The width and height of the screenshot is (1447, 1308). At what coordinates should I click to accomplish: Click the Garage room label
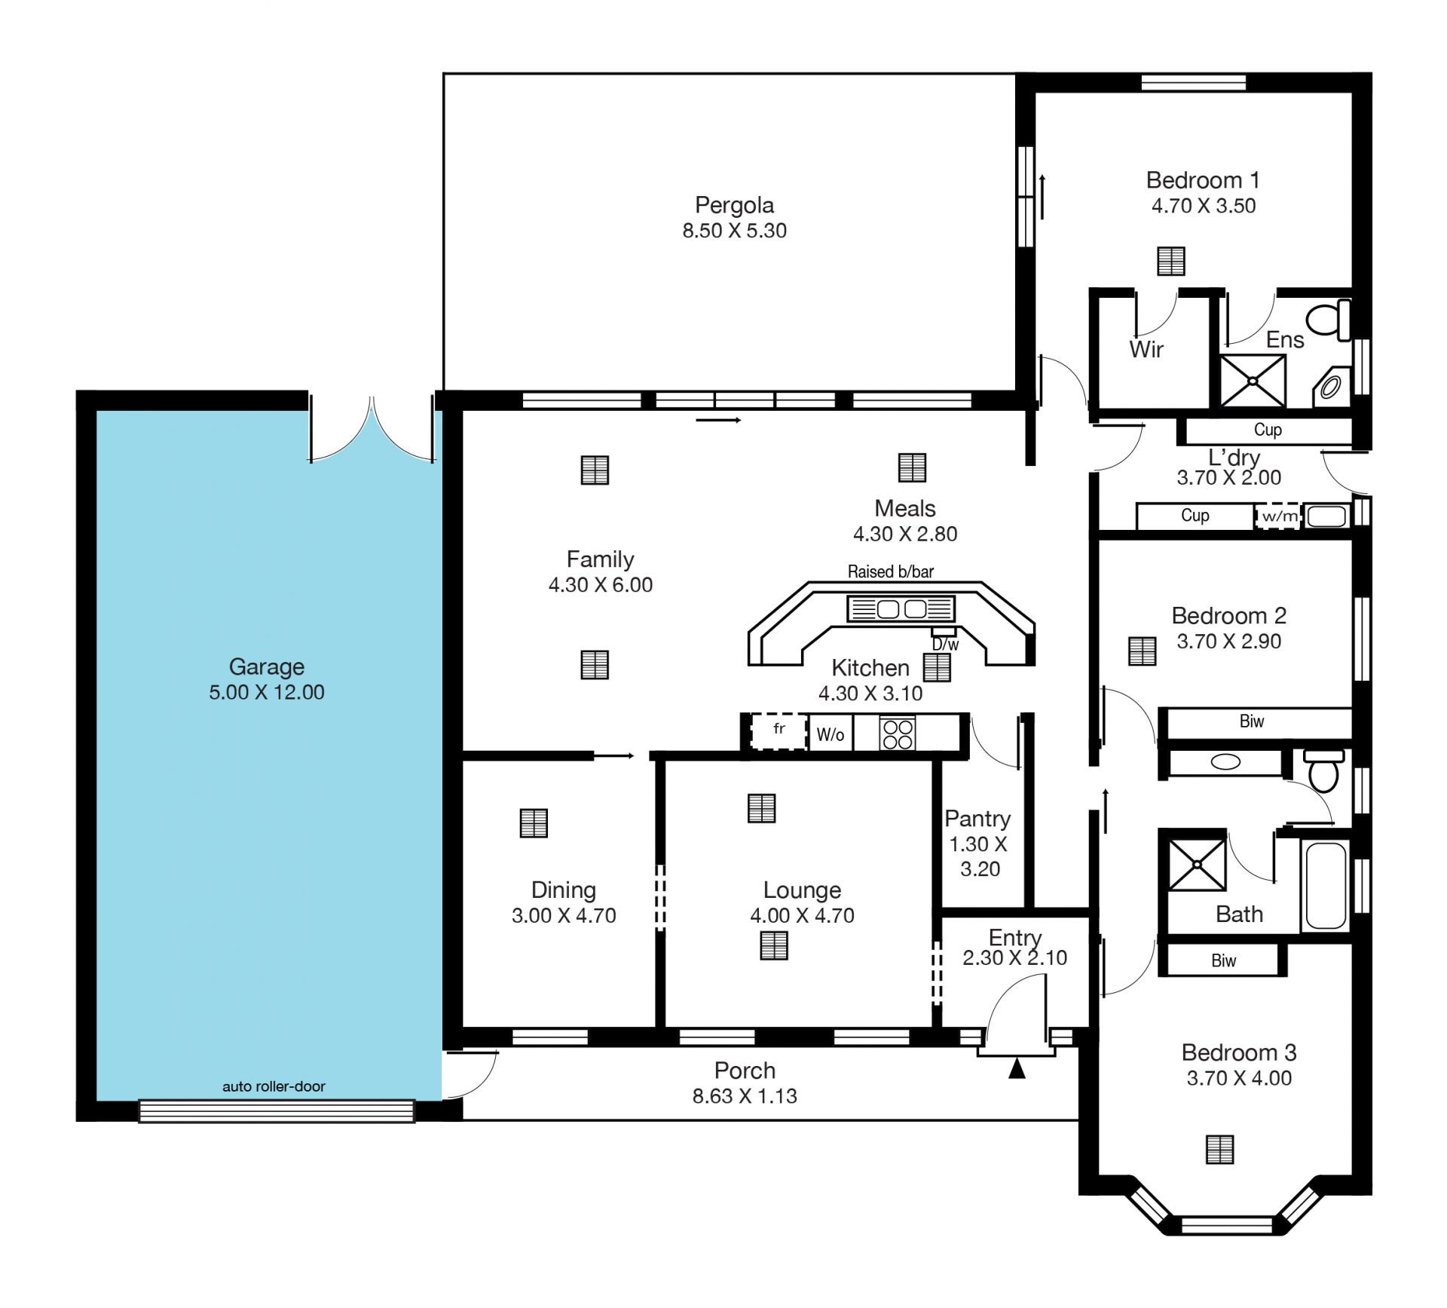(x=267, y=666)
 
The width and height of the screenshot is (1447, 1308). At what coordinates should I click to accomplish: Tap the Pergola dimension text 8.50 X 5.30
(x=734, y=231)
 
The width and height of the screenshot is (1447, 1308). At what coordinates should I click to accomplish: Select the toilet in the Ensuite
(x=1329, y=319)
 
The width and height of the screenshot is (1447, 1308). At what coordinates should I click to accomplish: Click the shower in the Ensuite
(x=1253, y=381)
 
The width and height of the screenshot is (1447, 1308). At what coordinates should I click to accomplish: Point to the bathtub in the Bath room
(x=1326, y=885)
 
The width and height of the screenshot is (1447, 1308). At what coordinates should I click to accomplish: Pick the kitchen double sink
(x=901, y=608)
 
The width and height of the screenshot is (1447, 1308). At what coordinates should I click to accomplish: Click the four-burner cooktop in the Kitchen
(x=898, y=734)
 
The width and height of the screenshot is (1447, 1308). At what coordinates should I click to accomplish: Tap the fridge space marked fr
(x=779, y=731)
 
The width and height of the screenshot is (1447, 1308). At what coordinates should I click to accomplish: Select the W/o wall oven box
(x=831, y=734)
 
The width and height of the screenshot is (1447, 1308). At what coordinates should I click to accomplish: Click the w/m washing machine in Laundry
(x=1278, y=516)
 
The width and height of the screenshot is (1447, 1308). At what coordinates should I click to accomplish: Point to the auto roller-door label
(x=274, y=1086)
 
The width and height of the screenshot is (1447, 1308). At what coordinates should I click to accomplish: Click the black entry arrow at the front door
(x=1017, y=1068)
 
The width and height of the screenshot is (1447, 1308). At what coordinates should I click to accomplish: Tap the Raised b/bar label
(x=891, y=571)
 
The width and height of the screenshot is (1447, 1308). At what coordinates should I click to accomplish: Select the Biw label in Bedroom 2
(x=1252, y=721)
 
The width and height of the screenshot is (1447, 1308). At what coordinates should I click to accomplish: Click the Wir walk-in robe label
(x=1146, y=349)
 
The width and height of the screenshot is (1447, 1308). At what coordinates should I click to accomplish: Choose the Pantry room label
(x=977, y=819)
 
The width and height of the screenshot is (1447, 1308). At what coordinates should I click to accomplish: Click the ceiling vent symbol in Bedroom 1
(x=1170, y=262)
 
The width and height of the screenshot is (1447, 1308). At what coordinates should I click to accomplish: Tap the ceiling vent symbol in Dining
(x=534, y=823)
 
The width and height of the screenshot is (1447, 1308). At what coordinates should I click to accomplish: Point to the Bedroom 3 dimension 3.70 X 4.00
(x=1239, y=1078)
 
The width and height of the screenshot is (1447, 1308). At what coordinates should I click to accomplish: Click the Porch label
(x=745, y=1071)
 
